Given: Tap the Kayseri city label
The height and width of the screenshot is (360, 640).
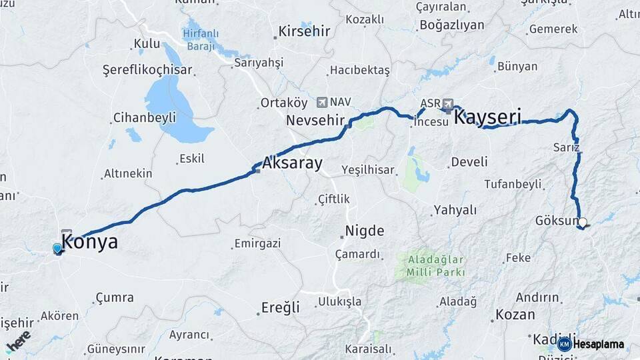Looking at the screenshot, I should (x=487, y=117).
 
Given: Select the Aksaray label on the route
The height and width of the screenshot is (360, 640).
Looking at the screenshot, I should (x=292, y=163).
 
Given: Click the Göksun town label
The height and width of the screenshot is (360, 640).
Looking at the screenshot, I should (x=556, y=221).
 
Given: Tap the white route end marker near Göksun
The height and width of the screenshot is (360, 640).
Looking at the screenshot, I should (x=583, y=223).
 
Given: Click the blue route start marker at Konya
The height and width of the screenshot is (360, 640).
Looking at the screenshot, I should (x=57, y=249).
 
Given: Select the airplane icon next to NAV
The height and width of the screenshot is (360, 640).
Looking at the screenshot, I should (x=323, y=102).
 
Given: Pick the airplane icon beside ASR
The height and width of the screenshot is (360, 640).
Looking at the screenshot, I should (x=447, y=104).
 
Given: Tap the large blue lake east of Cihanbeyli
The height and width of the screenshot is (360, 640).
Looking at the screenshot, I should (x=172, y=103).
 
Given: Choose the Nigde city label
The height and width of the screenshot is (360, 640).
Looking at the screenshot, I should (x=364, y=231).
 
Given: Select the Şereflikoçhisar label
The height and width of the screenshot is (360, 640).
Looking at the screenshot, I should (x=147, y=70).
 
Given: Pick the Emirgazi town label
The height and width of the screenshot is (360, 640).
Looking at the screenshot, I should (x=257, y=243).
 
